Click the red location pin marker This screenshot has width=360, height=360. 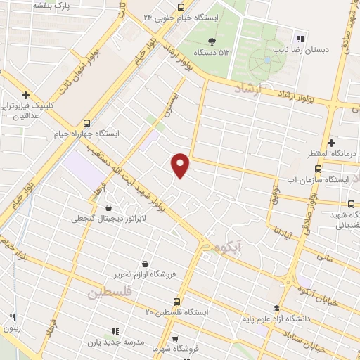pyautogui.click(x=181, y=165)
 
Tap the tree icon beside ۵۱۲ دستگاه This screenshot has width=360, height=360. pyautogui.click(x=212, y=41)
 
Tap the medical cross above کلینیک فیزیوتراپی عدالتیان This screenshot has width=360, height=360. pyautogui.click(x=25, y=95)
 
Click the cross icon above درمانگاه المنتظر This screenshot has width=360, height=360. pyautogui.click(x=330, y=143)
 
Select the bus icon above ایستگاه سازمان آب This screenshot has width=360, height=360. pyautogui.click(x=319, y=169)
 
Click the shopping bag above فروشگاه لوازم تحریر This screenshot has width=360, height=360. pyautogui.click(x=145, y=263)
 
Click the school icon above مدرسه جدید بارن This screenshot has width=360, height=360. pyautogui.click(x=115, y=331)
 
